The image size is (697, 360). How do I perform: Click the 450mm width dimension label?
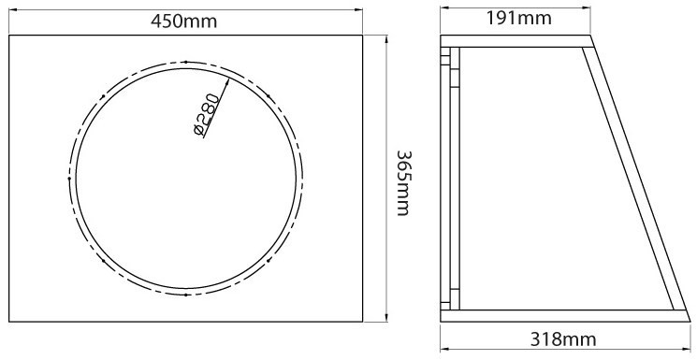(x=184, y=21)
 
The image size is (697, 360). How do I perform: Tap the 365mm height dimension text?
(x=404, y=182)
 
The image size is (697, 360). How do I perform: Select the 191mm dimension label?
(x=518, y=18)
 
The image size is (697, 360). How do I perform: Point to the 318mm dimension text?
(x=563, y=340)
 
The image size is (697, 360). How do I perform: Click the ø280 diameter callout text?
(x=207, y=115)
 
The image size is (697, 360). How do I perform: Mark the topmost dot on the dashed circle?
(x=186, y=62)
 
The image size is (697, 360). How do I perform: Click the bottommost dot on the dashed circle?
(x=186, y=295)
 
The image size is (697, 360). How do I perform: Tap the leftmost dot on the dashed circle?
(x=69, y=179)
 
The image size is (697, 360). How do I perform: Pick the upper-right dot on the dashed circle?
(x=269, y=96)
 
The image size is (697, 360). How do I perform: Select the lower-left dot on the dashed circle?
(x=103, y=261)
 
